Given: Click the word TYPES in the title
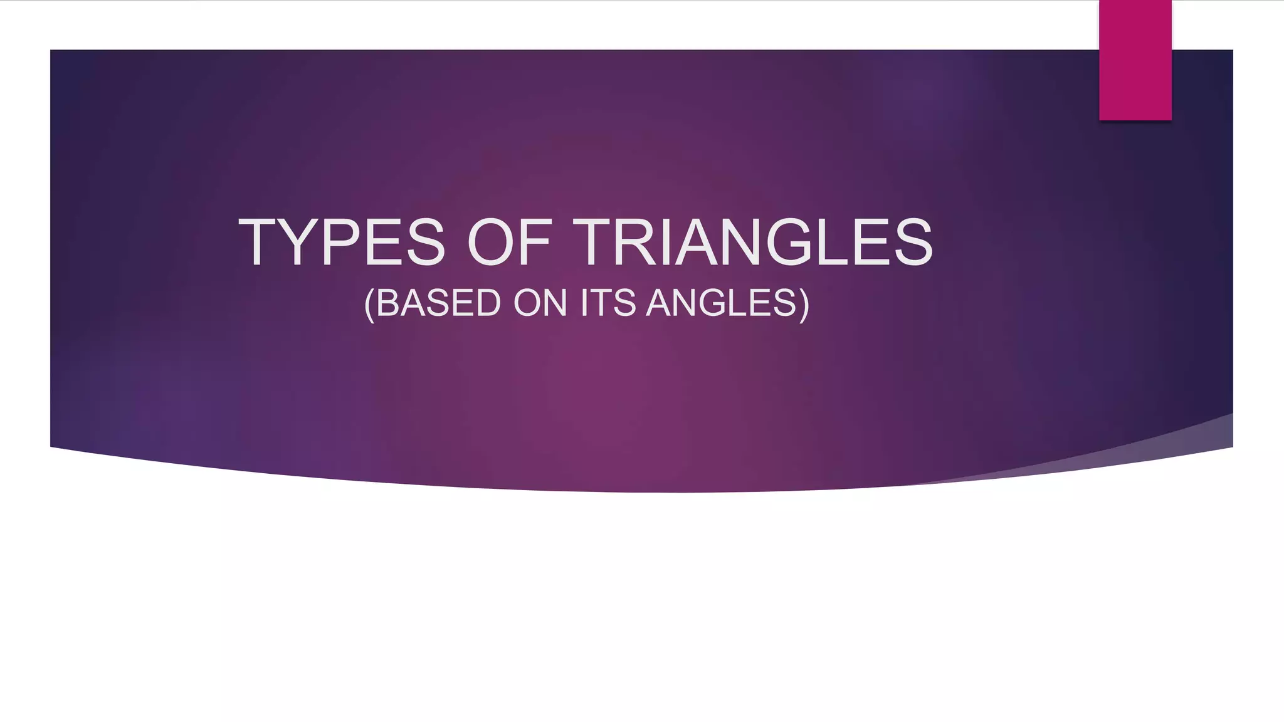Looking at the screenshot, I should [x=342, y=242].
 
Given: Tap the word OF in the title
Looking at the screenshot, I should [x=509, y=242].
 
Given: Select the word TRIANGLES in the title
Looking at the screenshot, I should [x=752, y=242].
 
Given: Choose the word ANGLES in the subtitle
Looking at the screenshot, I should [x=721, y=303].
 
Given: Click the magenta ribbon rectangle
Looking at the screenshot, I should [x=1135, y=60].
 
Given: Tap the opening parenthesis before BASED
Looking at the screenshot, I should [x=369, y=305].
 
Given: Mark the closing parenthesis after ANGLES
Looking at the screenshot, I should [x=804, y=305].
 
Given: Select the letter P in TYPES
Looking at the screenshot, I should [x=341, y=242].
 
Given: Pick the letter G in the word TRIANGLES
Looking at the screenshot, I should [x=790, y=242].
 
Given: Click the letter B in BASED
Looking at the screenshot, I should [x=389, y=303].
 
